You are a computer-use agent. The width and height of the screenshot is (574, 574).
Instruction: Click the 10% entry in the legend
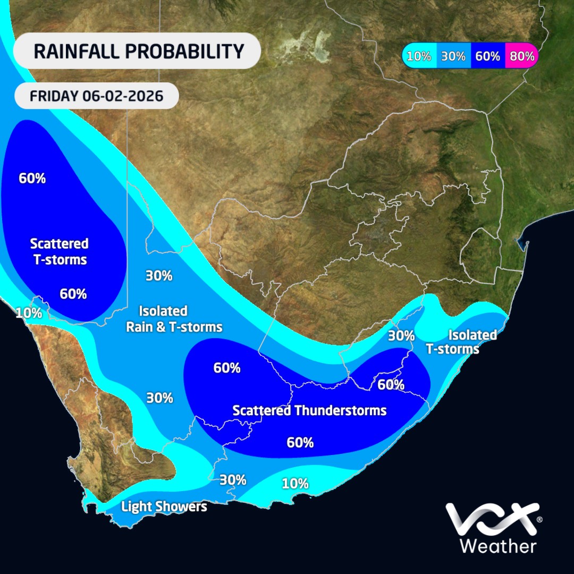pos(419,56)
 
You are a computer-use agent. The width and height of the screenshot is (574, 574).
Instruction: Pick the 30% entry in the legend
pos(453,56)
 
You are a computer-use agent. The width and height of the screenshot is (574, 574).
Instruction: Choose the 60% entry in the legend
pos(488,56)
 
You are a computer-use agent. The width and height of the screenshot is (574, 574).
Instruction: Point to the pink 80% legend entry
pos(521,56)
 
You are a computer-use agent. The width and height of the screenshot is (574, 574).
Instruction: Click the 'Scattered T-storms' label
pos(59,252)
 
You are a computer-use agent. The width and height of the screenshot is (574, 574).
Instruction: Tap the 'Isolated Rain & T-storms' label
pos(174,319)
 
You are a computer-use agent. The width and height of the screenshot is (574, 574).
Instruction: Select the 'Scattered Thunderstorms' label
pos(309,410)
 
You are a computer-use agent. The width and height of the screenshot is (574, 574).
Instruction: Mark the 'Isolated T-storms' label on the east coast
pos(461,342)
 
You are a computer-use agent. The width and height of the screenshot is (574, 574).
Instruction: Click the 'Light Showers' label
pos(164,507)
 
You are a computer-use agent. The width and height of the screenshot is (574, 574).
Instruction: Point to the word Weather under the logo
pos(497,546)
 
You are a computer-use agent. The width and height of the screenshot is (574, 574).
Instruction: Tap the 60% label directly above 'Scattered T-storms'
pos(32,179)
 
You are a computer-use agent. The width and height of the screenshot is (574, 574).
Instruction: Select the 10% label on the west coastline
pos(29,313)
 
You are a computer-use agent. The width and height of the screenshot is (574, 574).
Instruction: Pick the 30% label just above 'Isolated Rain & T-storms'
pos(159,276)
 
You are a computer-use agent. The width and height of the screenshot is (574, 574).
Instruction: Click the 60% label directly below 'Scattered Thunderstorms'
pos(300,442)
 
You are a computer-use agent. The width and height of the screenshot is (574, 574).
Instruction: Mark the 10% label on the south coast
pos(296,484)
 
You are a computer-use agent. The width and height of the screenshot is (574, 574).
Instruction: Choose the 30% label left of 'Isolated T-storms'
pos(401,336)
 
